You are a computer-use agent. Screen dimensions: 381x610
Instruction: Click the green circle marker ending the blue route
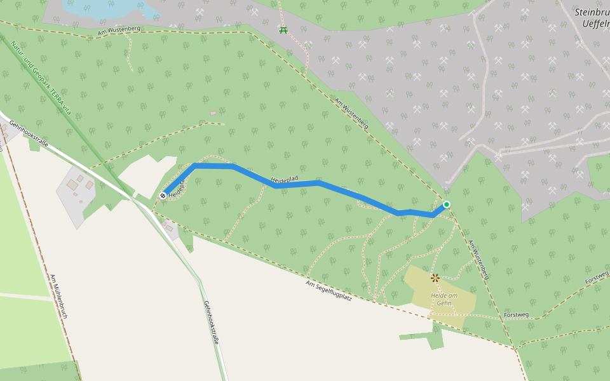(447, 204)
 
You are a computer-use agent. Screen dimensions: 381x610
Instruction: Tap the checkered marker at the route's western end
(163, 196)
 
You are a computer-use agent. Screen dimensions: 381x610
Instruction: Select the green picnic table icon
(283, 30)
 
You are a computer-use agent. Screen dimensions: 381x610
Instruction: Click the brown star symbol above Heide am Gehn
(435, 277)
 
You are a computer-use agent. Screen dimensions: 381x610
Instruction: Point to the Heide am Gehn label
(444, 299)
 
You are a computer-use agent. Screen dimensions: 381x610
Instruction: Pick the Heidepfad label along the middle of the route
(284, 181)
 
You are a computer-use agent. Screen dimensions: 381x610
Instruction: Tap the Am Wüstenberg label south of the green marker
(478, 259)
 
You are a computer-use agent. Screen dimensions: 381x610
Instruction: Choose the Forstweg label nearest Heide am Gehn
(515, 314)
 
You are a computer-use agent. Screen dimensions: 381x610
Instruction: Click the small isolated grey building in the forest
(213, 114)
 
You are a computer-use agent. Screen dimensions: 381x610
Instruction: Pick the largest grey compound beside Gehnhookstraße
(79, 190)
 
